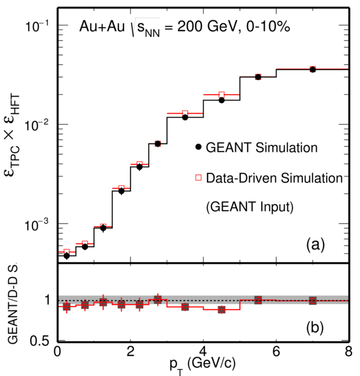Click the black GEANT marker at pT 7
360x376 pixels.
click(x=312, y=70)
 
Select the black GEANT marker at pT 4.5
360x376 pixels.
click(x=221, y=100)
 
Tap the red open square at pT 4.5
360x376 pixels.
click(x=221, y=95)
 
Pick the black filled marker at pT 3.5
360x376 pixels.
click(x=185, y=118)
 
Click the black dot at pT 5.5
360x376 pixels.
click(x=258, y=77)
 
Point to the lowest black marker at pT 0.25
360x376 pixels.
click(x=66, y=256)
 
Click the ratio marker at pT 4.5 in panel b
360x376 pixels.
click(x=221, y=310)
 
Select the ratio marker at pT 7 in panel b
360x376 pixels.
click(x=312, y=300)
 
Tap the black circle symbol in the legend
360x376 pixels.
click(x=198, y=147)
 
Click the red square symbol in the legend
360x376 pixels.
click(x=198, y=177)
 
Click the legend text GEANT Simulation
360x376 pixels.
click(x=262, y=147)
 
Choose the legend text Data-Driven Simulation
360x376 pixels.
click(x=274, y=178)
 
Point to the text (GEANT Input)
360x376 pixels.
click(x=250, y=207)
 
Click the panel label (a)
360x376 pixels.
click(x=315, y=245)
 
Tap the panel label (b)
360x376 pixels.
click(x=315, y=328)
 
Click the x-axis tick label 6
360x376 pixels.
click(x=276, y=352)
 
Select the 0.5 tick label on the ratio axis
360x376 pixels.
click(x=40, y=342)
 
